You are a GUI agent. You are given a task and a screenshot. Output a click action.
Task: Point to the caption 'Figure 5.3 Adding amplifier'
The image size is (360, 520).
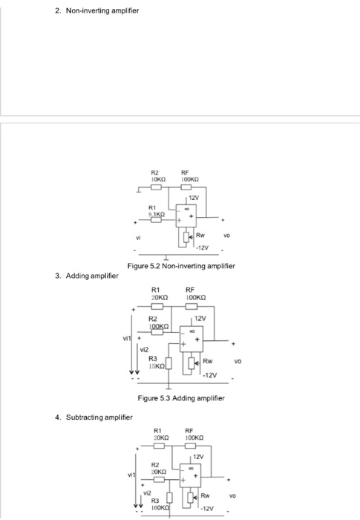(181, 399)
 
